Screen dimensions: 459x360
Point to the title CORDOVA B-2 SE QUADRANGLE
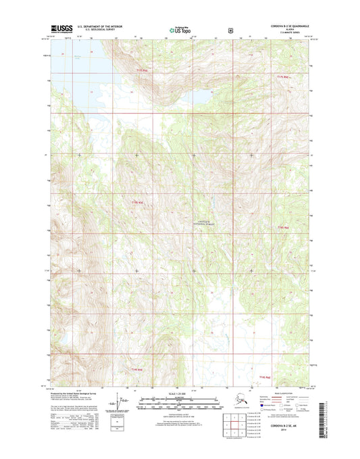coord(277,27)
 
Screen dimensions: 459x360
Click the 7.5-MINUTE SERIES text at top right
coord(277,34)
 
